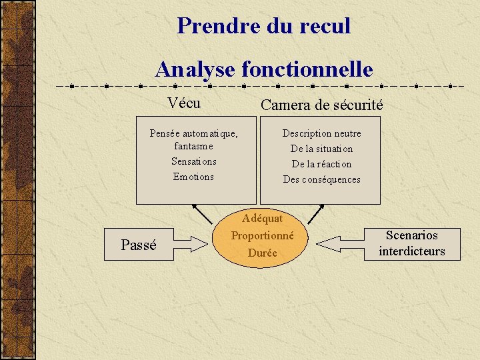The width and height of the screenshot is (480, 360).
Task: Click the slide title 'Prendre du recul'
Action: [x=263, y=26]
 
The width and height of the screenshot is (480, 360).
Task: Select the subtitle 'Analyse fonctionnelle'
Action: [x=263, y=69]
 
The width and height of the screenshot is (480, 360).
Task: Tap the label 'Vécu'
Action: [x=185, y=103]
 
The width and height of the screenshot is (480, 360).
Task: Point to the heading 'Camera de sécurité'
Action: [x=321, y=105]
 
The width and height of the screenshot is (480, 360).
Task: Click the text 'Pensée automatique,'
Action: [x=193, y=133]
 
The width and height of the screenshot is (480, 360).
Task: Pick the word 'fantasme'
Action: [x=193, y=146]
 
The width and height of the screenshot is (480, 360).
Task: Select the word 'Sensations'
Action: [x=193, y=161]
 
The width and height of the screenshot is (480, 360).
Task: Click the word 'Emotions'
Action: [x=193, y=177]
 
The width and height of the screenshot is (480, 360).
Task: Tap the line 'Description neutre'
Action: [x=321, y=133]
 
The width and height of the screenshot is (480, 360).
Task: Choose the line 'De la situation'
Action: [x=321, y=149]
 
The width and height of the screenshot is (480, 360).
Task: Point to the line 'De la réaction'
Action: [x=321, y=164]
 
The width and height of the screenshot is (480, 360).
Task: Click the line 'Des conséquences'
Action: [x=321, y=179]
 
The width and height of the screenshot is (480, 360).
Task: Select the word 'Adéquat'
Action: [x=263, y=218]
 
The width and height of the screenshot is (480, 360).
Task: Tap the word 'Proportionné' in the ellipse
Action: [x=263, y=235]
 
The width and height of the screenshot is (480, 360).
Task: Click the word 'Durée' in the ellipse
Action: [x=263, y=253]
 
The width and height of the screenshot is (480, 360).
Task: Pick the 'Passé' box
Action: [x=139, y=245]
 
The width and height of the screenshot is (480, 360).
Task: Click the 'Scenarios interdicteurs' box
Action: [x=411, y=243]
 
